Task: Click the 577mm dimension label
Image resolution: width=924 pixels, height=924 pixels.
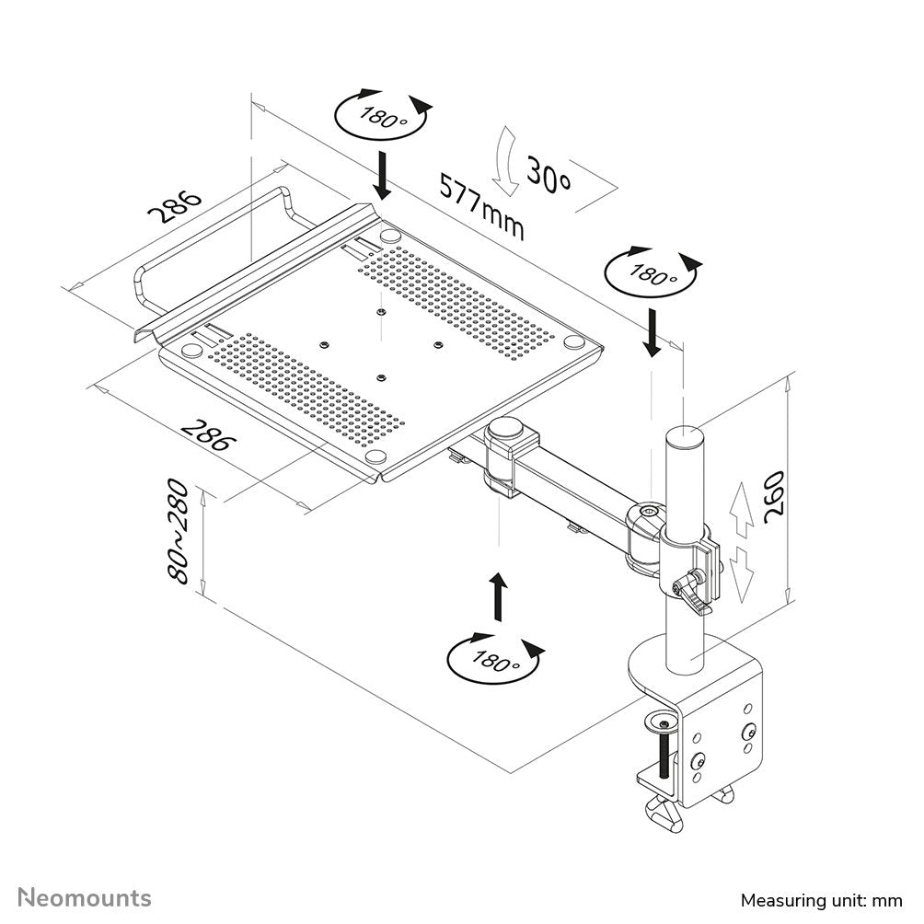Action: (481, 205)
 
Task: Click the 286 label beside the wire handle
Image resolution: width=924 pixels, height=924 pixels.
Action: (175, 208)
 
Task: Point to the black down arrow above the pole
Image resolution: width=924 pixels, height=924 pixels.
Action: (652, 333)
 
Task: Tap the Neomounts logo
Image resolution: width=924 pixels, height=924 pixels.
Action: (86, 897)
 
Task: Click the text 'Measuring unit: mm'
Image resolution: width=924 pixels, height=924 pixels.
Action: (822, 899)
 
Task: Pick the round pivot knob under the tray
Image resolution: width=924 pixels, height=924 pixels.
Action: (505, 428)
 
